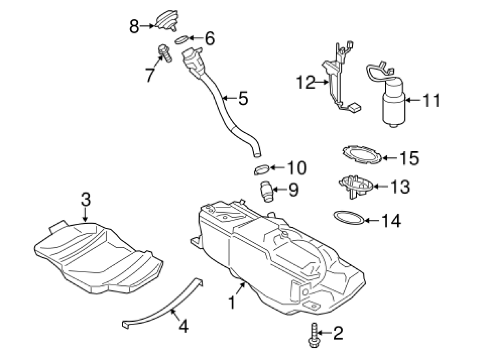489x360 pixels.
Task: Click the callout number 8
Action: [134, 27]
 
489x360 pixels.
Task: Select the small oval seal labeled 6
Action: [182, 40]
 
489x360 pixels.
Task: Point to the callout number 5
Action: [243, 98]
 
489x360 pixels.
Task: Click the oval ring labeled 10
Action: [261, 169]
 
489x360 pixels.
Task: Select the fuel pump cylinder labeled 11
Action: [393, 104]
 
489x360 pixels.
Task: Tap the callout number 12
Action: [306, 83]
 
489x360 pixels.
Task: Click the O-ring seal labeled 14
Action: [348, 217]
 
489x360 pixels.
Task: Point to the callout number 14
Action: [391, 221]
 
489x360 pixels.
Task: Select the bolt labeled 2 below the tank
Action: [314, 337]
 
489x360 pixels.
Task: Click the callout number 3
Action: [86, 200]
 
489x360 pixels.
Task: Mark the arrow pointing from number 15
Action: [389, 158]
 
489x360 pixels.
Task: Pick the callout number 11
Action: [431, 100]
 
